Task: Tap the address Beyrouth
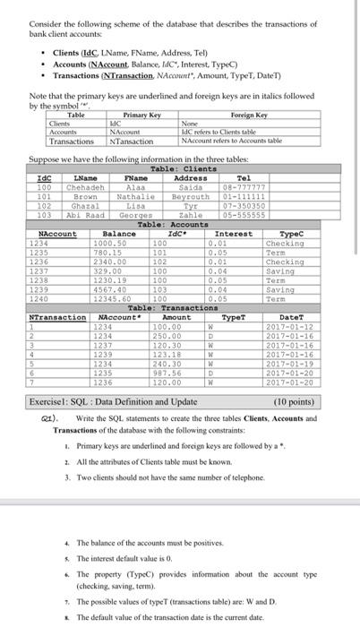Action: (190, 195)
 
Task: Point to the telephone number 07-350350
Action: (243, 203)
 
